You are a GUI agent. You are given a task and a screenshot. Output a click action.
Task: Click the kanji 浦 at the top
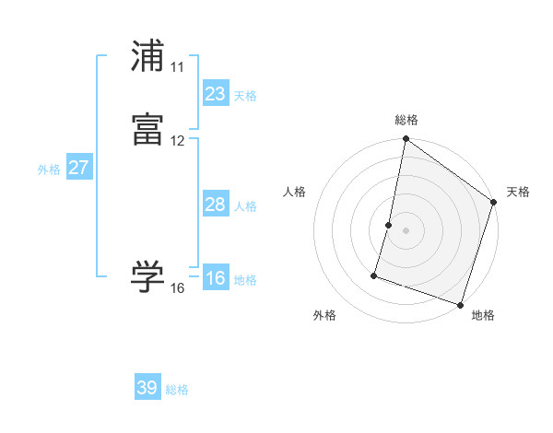coord(147,56)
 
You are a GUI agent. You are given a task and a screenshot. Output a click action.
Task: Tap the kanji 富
coord(147,130)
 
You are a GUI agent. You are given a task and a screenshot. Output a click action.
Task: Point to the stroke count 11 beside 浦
coord(177,67)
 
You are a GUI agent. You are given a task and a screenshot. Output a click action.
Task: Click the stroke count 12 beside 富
coord(177,141)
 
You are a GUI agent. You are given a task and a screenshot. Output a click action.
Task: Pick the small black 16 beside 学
coord(177,288)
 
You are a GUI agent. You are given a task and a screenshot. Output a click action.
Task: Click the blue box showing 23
coord(215,93)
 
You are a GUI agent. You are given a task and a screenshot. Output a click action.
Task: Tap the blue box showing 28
coord(215,205)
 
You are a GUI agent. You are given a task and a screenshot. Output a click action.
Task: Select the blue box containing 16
coord(215,278)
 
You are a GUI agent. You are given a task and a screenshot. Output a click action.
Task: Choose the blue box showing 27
coord(78,168)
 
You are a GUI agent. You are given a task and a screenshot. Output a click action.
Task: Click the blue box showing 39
coord(147,388)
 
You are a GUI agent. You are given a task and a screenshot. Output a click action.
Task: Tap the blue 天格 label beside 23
coord(245,96)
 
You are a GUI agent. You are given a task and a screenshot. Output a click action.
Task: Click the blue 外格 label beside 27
coord(49,170)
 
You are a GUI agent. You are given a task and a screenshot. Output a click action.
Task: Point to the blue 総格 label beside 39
coord(178,391)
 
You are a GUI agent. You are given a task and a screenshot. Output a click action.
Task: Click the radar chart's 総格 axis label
coord(406,120)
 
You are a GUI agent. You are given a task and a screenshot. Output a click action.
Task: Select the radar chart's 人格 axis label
coord(295,192)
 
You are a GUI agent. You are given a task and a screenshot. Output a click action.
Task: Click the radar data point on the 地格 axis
coord(460,304)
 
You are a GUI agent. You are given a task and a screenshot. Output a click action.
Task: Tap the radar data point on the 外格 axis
coord(374,275)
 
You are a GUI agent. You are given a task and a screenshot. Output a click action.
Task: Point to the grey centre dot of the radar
coord(406,230)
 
